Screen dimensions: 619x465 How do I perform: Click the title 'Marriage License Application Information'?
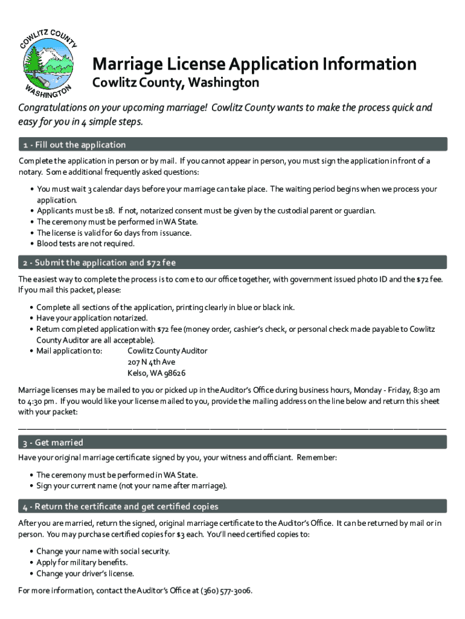pos(254,64)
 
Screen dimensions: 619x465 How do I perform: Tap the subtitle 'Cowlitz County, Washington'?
pos(175,82)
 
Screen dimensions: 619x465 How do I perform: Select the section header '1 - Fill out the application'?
pos(72,144)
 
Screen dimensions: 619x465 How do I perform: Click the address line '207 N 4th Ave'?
pos(152,362)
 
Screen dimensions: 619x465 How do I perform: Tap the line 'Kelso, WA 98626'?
pos(156,373)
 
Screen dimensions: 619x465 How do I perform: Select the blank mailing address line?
pos(232,427)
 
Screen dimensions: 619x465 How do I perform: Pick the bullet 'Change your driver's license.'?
pos(85,574)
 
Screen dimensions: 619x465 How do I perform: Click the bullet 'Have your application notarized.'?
pos(92,318)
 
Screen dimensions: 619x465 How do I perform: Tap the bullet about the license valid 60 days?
pos(114,233)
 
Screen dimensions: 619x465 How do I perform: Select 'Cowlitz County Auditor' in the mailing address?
pos(167,351)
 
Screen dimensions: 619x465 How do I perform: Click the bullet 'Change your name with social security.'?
pos(103,551)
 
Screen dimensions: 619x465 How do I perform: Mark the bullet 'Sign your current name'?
pos(132,485)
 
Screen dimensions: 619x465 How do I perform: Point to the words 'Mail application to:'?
pos(69,351)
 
